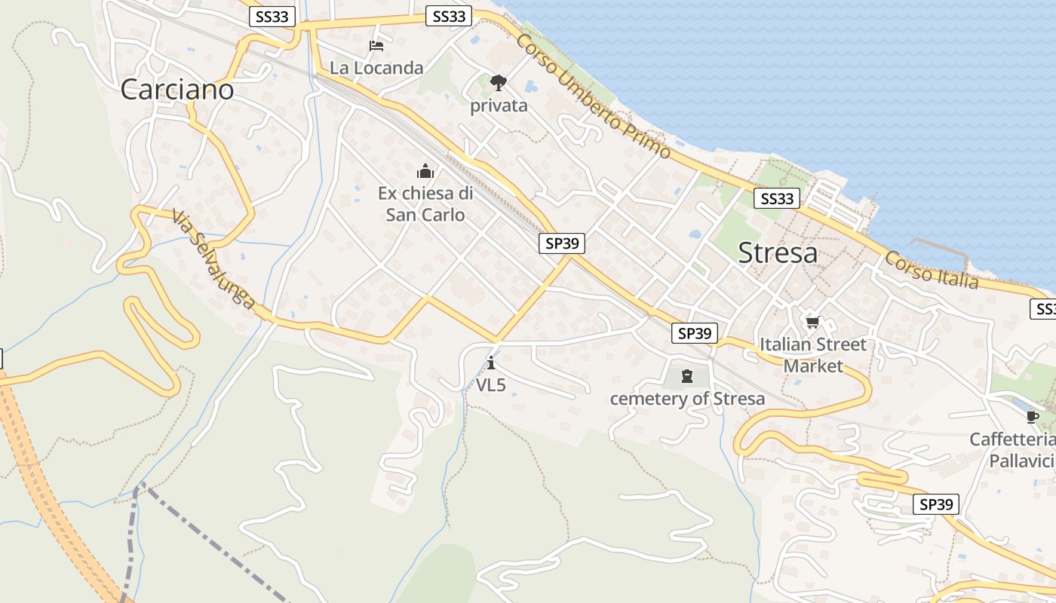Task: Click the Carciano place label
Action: coord(177,90)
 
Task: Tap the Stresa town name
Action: coord(778,253)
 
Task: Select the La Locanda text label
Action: coord(376,68)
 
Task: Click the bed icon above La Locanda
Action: coord(376,46)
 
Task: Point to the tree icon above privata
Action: coord(498,82)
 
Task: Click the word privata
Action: coord(499,106)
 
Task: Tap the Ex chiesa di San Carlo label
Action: coord(425,204)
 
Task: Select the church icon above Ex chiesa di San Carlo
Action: coord(425,171)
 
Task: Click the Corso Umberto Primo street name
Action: coord(593,95)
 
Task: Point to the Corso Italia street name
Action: coord(932,270)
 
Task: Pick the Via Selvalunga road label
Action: coord(213,260)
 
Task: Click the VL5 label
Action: coord(491,385)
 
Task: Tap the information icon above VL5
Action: coord(491,363)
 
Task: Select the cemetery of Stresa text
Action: coord(687,399)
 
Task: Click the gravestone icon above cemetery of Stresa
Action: coord(687,375)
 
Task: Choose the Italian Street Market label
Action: coord(813,355)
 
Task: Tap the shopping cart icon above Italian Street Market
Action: coord(812,323)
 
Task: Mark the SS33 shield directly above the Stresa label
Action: coord(777,198)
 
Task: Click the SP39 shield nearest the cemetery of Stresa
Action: coord(694,333)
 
